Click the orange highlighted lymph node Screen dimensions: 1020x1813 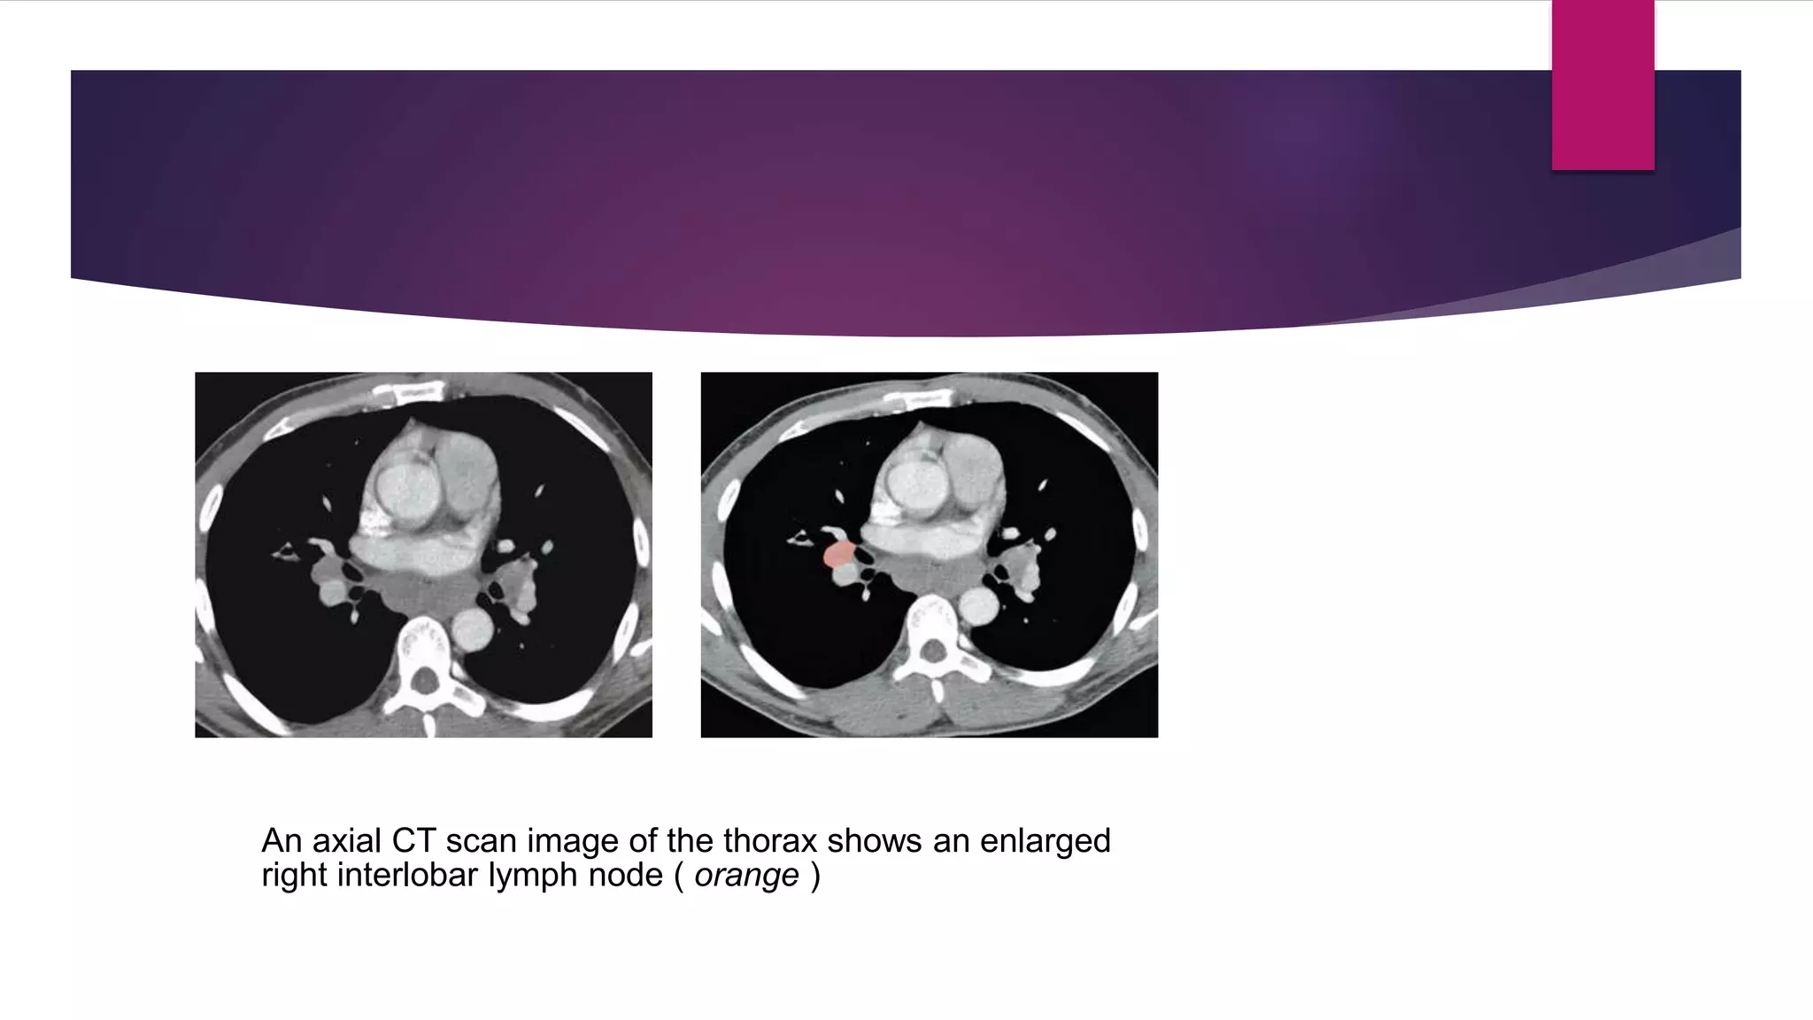(x=837, y=555)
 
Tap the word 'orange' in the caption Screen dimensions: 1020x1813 (x=746, y=876)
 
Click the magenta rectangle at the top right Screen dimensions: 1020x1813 (x=1602, y=85)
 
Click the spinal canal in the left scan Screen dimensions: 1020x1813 (x=426, y=681)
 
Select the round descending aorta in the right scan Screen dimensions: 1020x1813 (x=977, y=607)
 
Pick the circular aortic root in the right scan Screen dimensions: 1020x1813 (x=906, y=483)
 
